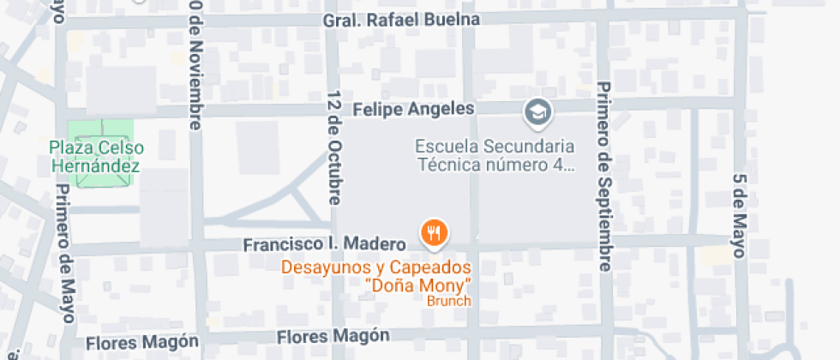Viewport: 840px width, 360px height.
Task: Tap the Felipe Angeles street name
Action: coord(413,109)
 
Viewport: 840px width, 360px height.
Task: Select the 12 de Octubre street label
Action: coord(333,147)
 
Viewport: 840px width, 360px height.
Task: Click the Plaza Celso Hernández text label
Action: coord(96,156)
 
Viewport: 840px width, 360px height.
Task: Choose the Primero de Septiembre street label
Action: coord(604,176)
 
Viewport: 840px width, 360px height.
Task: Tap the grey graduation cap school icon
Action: coord(537,111)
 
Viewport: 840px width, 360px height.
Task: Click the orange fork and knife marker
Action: coord(435,232)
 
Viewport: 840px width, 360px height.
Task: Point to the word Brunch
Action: coord(449,301)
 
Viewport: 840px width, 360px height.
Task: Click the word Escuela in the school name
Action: coord(444,146)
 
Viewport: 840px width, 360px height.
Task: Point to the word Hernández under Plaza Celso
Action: coord(96,165)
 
